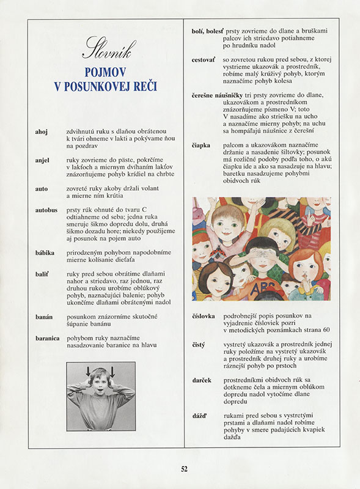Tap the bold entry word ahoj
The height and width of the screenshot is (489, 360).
(x=42, y=131)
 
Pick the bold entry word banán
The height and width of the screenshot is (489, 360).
(x=44, y=317)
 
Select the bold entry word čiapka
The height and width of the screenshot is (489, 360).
(x=202, y=145)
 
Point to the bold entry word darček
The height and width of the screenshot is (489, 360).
(x=202, y=380)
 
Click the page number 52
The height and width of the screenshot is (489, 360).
(x=184, y=469)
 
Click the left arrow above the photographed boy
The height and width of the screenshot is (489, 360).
(x=88, y=371)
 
